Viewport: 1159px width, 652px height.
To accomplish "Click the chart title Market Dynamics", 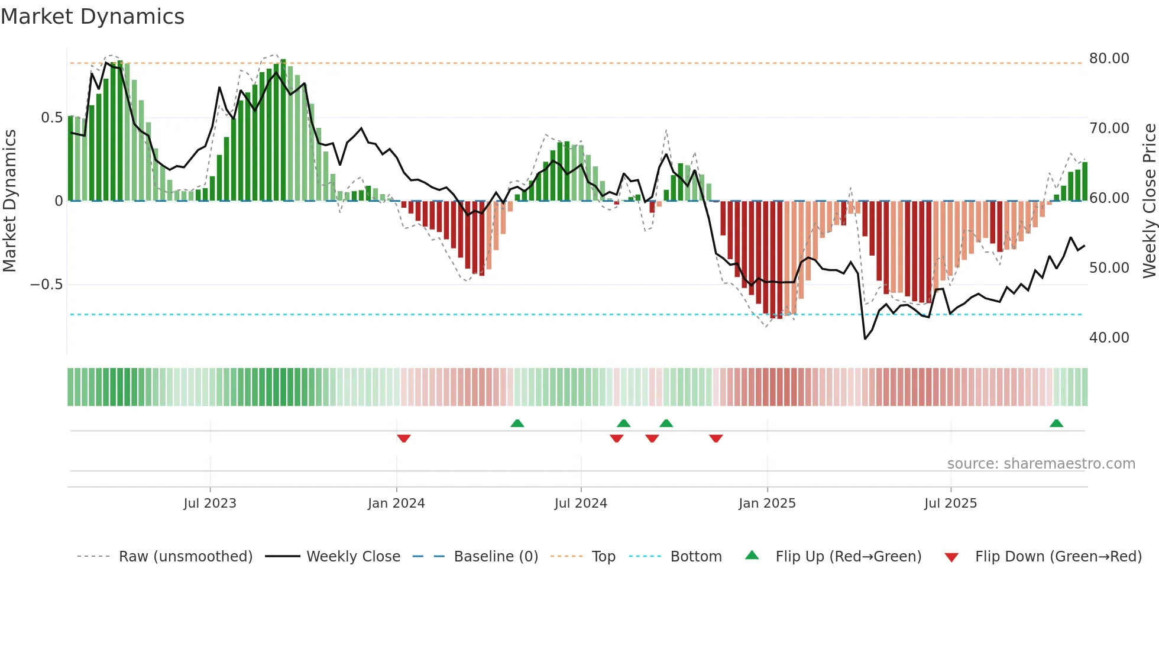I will point(92,17).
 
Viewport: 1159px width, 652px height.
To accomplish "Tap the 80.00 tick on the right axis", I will point(1109,59).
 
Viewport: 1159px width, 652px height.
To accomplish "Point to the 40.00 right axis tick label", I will point(1109,338).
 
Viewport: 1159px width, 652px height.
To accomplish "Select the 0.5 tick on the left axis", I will point(51,118).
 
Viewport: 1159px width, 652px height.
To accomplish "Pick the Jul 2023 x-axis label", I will point(210,503).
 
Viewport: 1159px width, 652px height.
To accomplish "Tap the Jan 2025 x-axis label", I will point(767,503).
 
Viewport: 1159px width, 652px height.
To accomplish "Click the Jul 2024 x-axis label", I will point(581,503).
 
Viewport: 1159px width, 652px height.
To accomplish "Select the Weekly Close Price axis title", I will point(1149,201).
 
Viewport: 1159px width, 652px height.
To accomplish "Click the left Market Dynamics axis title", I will point(9,201).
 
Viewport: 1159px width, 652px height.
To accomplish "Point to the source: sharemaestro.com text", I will point(1041,464).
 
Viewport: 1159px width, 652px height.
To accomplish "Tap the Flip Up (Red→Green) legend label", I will point(848,557).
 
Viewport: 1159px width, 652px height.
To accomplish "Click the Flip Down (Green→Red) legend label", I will point(1058,557).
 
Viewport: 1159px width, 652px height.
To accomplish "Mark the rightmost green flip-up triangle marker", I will point(1056,424).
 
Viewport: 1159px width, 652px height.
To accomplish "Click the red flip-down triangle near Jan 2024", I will point(404,438).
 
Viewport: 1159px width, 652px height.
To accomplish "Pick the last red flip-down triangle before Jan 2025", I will point(716,438).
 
